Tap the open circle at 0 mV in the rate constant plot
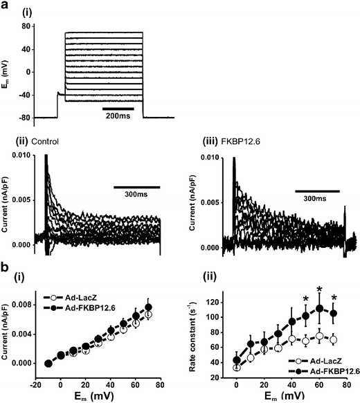pos(237,367)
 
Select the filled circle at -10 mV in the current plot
pos(48,363)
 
